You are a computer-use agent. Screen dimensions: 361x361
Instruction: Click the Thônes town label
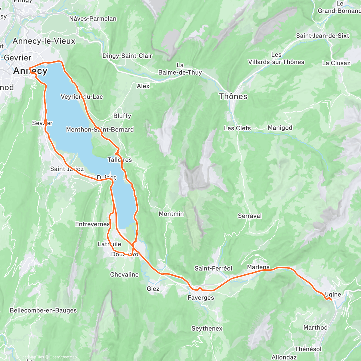[233, 97]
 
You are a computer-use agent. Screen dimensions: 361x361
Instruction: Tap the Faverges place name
[201, 298]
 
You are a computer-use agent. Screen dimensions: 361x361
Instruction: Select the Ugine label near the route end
[333, 295]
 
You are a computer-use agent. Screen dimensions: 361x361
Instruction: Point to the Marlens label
[258, 267]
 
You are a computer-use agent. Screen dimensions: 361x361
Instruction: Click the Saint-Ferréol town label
[213, 268]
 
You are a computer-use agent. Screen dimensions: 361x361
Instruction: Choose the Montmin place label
[171, 214]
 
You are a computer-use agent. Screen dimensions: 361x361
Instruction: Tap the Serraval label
[250, 216]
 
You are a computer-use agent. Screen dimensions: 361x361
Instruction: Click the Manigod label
[280, 128]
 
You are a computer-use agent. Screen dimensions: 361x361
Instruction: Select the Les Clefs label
[237, 128]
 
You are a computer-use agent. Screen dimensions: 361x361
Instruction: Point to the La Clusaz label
[336, 63]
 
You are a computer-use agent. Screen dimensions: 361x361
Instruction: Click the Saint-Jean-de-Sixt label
[322, 36]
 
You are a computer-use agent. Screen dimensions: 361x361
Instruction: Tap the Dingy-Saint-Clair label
[127, 56]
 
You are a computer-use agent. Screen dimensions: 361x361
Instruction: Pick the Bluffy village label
[122, 116]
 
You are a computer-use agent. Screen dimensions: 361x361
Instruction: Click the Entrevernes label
[92, 224]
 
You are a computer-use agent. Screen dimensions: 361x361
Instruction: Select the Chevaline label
[124, 275]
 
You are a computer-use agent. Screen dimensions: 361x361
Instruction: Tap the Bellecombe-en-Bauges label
[43, 310]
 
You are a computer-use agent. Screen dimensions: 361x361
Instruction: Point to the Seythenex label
[207, 329]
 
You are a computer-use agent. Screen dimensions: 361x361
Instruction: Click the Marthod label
[315, 328]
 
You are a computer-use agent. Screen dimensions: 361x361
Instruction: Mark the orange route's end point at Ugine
[331, 300]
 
